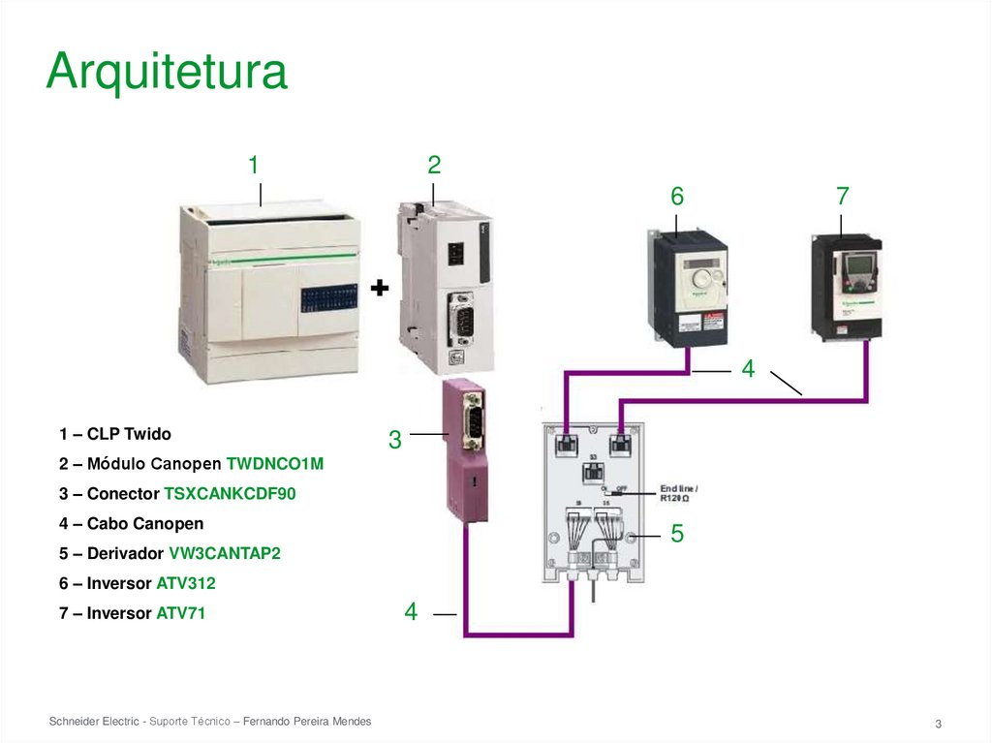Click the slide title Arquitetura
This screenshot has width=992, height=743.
click(167, 72)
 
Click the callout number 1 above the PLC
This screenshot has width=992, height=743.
click(253, 166)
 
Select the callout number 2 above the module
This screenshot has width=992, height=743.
click(434, 166)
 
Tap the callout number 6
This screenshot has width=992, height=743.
click(676, 197)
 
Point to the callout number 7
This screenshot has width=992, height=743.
click(842, 197)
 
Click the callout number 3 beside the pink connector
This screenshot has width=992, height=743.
click(394, 440)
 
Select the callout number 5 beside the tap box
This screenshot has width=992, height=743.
click(677, 534)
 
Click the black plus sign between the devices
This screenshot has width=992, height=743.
click(380, 288)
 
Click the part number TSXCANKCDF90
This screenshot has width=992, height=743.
click(230, 494)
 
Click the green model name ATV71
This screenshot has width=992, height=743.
click(181, 613)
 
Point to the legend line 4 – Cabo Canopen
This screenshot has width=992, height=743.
click(131, 524)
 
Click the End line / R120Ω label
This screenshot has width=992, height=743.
click(678, 492)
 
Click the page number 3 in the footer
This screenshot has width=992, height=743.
click(938, 725)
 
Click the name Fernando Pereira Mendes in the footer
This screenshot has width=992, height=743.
click(306, 723)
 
